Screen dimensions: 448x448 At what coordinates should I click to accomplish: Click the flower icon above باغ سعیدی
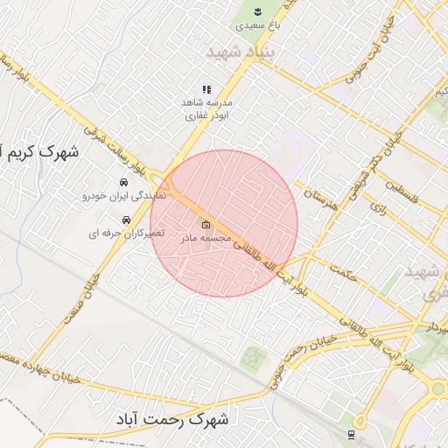click(x=258, y=11)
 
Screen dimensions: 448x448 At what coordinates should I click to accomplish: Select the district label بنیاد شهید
click(x=241, y=53)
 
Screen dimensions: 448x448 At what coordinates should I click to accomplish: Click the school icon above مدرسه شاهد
click(x=206, y=89)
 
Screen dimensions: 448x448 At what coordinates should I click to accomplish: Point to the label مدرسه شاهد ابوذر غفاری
click(x=206, y=108)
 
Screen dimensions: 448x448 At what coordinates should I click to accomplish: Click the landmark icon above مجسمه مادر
click(x=206, y=223)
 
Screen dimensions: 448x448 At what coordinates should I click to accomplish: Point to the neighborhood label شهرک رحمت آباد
click(x=171, y=420)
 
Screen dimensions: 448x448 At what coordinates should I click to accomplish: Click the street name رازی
click(x=377, y=209)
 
